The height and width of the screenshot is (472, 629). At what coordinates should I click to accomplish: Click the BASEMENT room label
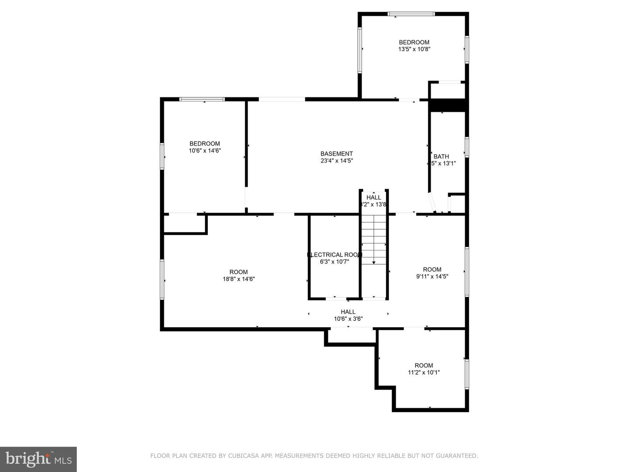point(336,154)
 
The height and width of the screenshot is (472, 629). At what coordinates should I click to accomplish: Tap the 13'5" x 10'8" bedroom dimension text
point(414,49)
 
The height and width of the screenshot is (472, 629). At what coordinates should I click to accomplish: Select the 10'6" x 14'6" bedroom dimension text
point(204,151)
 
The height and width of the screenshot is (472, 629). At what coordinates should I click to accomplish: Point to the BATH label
point(441,156)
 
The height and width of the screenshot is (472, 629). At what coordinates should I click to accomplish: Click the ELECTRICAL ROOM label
point(335,255)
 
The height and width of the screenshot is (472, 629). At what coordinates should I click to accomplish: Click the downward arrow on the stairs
point(374,262)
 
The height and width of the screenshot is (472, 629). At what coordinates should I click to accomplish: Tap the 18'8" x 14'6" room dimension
point(238,279)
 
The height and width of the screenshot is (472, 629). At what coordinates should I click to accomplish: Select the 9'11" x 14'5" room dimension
point(432,276)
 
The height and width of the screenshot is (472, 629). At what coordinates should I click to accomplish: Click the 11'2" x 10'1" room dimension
point(424,372)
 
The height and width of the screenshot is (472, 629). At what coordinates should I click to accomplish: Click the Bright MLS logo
point(38,459)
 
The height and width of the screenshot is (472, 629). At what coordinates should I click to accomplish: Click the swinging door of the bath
point(432,203)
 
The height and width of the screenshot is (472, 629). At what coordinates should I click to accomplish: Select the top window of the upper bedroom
point(411,14)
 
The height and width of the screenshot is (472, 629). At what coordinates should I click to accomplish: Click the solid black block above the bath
point(448,105)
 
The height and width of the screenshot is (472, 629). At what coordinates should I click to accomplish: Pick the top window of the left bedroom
point(202,99)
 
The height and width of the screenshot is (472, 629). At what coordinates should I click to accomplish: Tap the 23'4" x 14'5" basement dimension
point(336,161)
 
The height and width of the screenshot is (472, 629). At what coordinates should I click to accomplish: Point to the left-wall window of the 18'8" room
point(162,280)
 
